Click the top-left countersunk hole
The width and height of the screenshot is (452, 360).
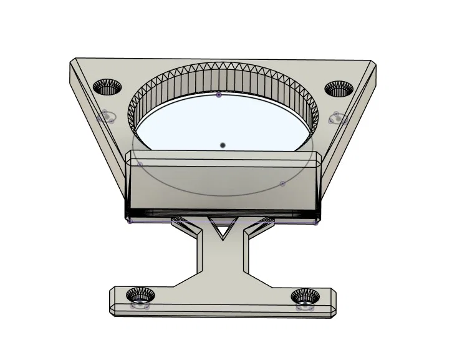tap(108, 87)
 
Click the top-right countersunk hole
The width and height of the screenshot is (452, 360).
tap(339, 89)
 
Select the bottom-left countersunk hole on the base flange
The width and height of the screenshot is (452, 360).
tap(140, 294)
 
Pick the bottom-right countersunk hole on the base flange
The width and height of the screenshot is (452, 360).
tap(305, 296)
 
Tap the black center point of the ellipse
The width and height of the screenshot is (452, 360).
tap(223, 145)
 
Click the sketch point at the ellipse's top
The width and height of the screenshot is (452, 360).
tap(218, 95)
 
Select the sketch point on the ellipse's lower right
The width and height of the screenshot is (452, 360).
tap(282, 183)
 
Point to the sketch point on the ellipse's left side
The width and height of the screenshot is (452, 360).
tap(140, 165)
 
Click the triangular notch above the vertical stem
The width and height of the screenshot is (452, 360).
tap(221, 231)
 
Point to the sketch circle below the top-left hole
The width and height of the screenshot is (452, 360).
tap(107, 116)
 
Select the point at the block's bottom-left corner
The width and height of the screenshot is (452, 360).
tap(129, 220)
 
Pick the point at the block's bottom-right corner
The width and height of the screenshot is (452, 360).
tap(315, 221)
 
